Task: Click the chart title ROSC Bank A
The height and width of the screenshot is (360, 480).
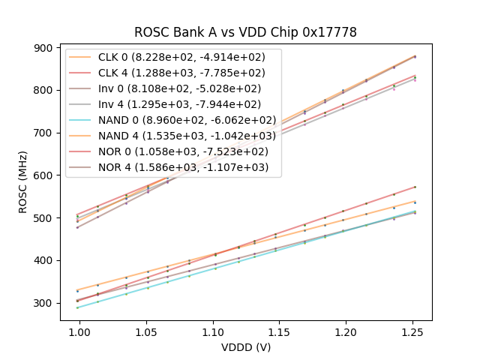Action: (x=245, y=32)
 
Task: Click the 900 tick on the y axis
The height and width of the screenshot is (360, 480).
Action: (x=45, y=47)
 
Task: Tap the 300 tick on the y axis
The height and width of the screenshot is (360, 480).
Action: (x=45, y=303)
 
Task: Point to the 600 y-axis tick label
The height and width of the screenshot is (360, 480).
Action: (x=45, y=175)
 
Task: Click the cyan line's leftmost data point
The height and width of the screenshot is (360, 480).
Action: (x=77, y=307)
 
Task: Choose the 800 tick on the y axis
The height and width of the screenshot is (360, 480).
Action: (x=45, y=90)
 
